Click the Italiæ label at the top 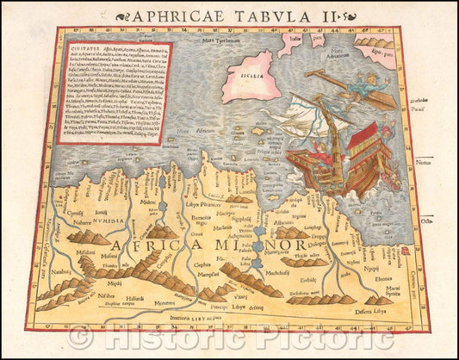coord(297,39)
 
